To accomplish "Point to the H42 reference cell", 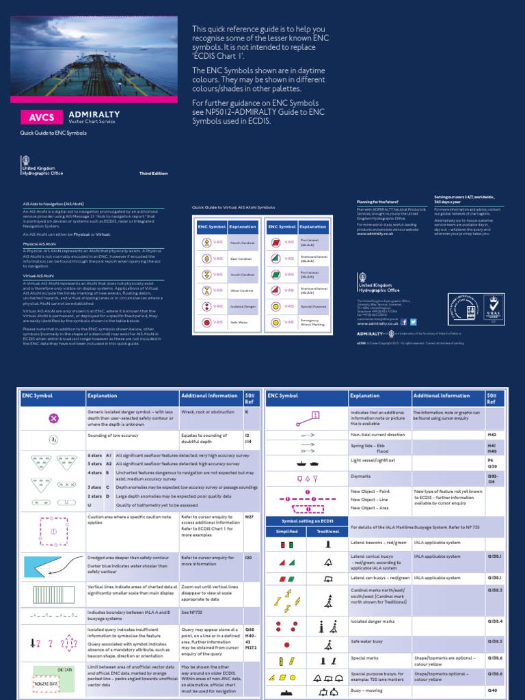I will (492, 435).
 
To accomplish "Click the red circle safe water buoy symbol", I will (286, 643).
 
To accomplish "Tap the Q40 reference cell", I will (492, 691).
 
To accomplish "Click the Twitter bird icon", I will (413, 321).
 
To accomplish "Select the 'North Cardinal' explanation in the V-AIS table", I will (242, 242).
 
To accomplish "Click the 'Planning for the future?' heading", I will (377, 202).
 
